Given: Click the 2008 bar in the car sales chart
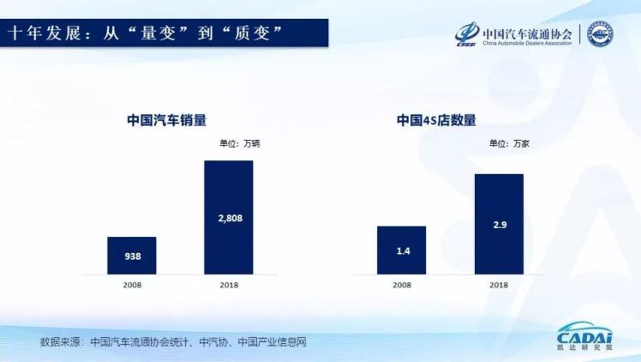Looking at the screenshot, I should click(131, 255).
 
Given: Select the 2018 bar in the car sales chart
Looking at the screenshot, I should click(228, 217).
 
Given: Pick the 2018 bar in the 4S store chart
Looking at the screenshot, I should click(498, 223).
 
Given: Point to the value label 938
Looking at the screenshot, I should click(131, 256).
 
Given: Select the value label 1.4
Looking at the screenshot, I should click(401, 250).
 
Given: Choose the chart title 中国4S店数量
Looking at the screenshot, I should click(436, 120).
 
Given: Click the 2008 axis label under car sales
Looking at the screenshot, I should click(131, 284).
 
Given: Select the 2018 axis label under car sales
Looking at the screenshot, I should click(228, 284).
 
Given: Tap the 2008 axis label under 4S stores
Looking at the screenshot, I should click(401, 284).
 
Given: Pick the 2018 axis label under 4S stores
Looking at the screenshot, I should click(498, 284).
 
